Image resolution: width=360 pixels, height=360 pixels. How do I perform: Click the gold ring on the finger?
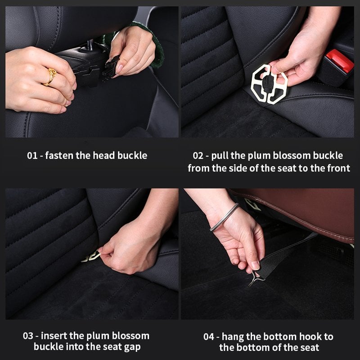(50, 76)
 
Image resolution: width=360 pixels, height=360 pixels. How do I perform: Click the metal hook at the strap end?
(255, 278)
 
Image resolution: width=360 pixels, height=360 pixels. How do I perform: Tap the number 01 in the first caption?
(32, 156)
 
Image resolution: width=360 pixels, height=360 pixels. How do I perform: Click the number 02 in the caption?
(198, 156)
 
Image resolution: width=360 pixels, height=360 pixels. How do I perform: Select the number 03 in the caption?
(28, 336)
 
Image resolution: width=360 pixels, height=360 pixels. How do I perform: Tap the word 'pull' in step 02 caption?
(224, 156)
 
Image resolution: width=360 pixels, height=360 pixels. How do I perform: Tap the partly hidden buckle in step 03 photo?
(92, 256)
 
